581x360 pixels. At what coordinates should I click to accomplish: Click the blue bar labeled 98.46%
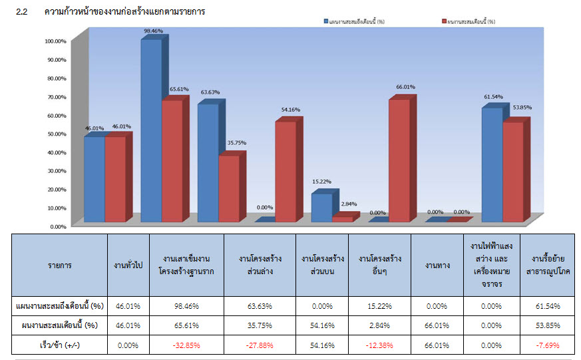click(x=150, y=130)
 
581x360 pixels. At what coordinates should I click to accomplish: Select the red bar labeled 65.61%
click(x=172, y=160)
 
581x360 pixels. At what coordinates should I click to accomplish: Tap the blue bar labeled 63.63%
click(x=208, y=163)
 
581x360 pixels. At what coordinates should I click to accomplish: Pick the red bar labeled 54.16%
click(x=285, y=172)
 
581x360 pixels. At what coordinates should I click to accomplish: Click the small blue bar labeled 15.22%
click(x=321, y=208)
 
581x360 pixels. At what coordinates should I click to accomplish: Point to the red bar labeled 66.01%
click(x=399, y=160)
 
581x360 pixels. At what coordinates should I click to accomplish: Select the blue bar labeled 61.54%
click(x=492, y=164)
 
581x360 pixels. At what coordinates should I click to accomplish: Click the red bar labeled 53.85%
click(x=512, y=172)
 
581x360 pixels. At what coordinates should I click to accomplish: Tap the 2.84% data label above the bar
click(x=348, y=204)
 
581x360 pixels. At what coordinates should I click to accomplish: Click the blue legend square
click(x=325, y=22)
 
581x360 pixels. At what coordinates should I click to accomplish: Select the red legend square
click(x=443, y=22)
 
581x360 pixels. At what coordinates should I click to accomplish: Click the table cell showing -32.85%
click(x=187, y=345)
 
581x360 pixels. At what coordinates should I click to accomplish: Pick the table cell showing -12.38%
click(x=379, y=345)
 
